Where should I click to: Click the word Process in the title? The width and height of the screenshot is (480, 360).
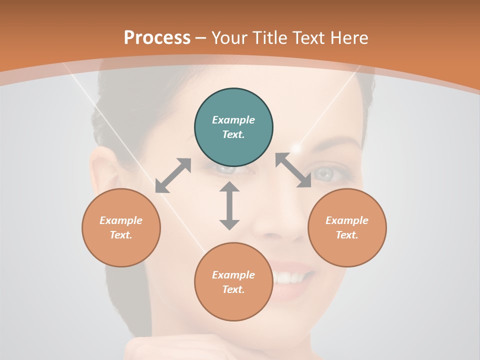click(x=157, y=38)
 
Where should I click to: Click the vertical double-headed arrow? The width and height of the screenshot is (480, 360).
click(x=229, y=205)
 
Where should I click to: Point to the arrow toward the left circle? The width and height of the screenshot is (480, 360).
click(x=173, y=175)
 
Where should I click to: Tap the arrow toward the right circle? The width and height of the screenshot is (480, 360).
click(x=293, y=170)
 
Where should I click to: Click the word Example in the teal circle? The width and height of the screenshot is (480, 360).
click(x=233, y=120)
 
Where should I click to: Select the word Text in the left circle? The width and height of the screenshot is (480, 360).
click(x=120, y=235)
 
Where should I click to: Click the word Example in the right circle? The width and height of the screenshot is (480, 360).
click(x=347, y=220)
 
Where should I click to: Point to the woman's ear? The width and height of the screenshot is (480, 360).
click(x=103, y=170)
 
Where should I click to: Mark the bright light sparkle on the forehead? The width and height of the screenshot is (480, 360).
click(x=298, y=147)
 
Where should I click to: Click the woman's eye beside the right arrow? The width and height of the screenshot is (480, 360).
click(x=325, y=173)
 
